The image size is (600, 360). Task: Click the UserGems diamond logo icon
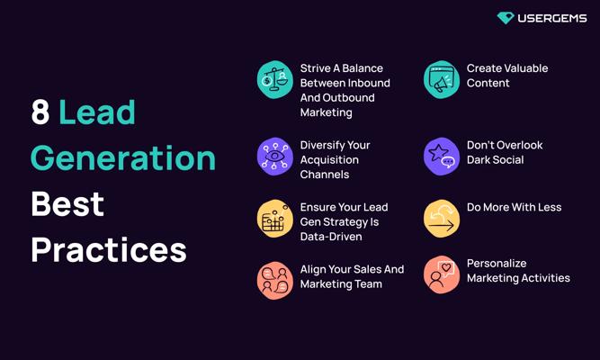(x=506, y=18)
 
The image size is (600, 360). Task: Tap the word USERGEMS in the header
(x=552, y=18)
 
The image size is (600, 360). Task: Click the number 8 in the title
(x=40, y=112)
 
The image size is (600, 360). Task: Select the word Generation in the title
(x=123, y=157)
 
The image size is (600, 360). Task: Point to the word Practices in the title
(x=109, y=249)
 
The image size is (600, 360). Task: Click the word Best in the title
(x=67, y=203)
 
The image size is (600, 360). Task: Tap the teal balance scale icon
(x=274, y=80)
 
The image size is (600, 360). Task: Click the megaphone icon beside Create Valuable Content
(x=442, y=80)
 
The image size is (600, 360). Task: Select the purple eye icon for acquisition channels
(x=274, y=157)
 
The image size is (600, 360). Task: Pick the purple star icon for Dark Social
(x=442, y=157)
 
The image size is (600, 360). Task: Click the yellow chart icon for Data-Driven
(x=274, y=219)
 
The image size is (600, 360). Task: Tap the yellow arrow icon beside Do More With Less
(x=442, y=219)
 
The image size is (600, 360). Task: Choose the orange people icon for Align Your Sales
(x=274, y=280)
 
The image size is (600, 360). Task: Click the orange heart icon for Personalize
(x=442, y=274)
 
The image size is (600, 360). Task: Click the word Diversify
(x=322, y=145)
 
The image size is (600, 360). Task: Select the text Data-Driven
(x=331, y=237)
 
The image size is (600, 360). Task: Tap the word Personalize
(x=497, y=264)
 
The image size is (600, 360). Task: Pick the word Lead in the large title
(x=97, y=112)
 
